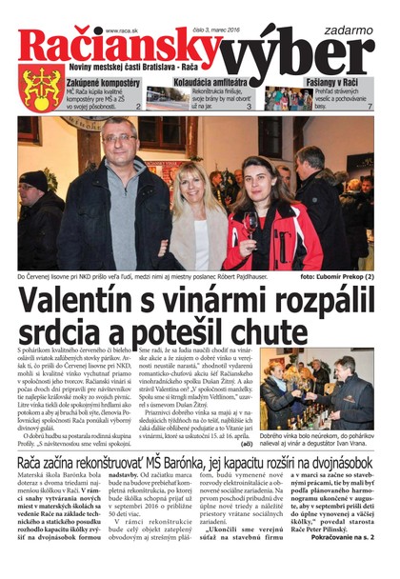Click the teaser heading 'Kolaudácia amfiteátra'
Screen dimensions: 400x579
click(x=202, y=83)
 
